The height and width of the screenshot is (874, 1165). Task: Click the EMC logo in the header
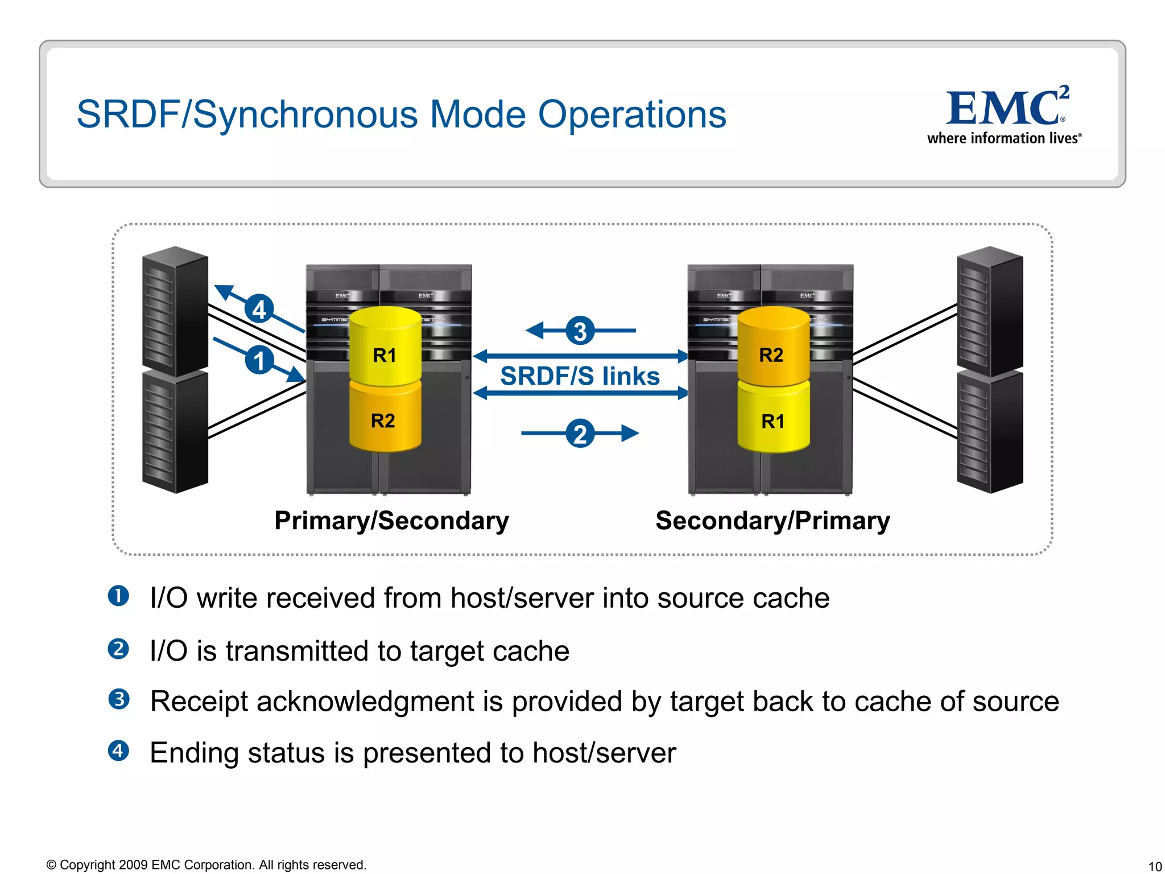(1005, 114)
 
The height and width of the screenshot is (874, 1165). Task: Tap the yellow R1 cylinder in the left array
(385, 347)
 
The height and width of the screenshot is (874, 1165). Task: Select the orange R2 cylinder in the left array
(385, 419)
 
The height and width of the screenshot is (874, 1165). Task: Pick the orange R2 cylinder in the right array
(772, 347)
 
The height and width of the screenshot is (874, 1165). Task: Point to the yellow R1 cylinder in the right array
(773, 420)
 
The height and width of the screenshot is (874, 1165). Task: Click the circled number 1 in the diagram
(259, 361)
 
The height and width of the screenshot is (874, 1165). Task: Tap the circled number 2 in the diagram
(580, 434)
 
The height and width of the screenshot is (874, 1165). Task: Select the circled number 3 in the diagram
(580, 331)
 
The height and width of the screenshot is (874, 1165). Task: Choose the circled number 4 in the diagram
(259, 310)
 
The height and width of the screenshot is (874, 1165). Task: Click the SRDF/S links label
(580, 376)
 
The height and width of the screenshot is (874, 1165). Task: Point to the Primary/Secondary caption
(391, 521)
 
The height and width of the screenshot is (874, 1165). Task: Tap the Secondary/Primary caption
(772, 521)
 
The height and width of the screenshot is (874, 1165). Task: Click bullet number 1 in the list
(118, 596)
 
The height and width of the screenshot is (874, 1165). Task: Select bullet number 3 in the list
(118, 699)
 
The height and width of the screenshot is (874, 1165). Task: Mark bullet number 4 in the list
(118, 751)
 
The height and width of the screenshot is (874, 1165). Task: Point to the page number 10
(1155, 867)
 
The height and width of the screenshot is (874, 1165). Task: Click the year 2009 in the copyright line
(133, 865)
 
